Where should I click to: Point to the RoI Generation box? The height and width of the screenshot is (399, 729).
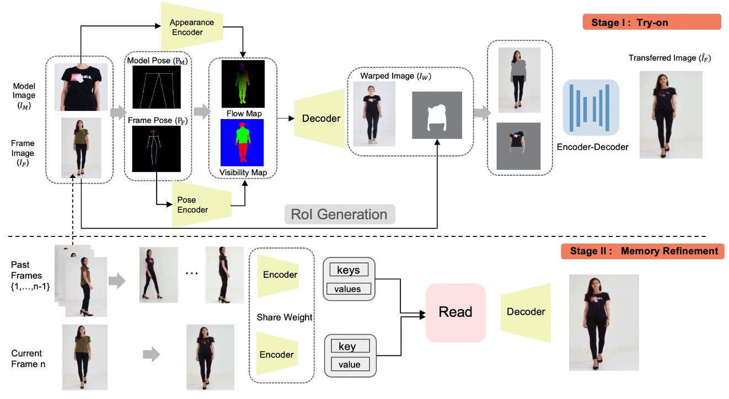coord(339,214)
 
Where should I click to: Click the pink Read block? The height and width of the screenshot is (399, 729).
coord(455,312)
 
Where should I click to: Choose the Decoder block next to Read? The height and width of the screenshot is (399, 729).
coord(526,312)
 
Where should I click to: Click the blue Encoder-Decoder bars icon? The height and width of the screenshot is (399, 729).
coord(590,107)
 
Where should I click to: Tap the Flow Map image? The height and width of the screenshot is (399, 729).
coord(243,84)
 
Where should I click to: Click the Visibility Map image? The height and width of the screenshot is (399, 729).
coord(243,143)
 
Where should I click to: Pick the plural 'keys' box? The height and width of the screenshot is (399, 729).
coord(349,270)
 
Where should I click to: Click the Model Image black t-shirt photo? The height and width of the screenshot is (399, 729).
coord(81,87)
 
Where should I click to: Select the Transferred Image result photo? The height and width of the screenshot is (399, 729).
coord(671,115)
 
